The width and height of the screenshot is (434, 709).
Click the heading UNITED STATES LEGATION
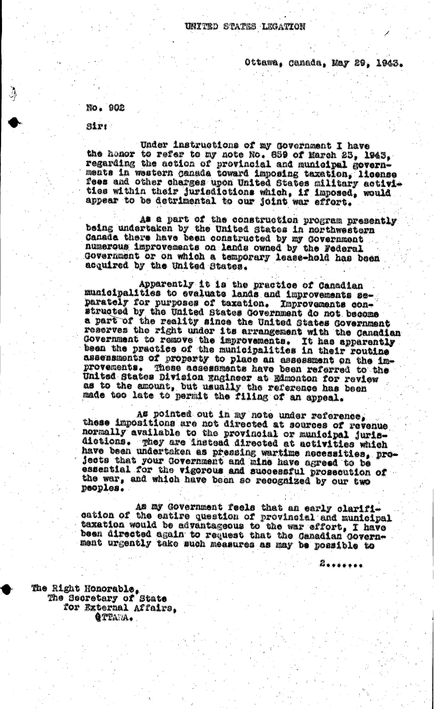pos(245,27)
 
